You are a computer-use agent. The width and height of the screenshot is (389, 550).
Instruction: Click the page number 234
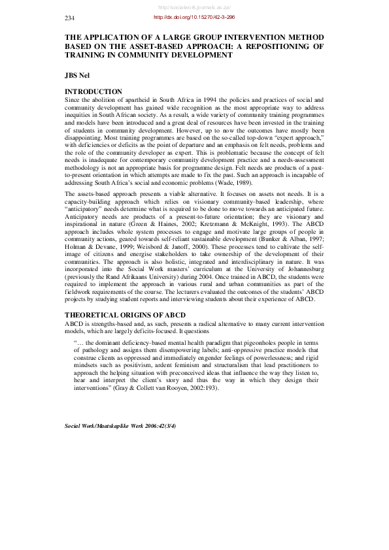tap(70, 18)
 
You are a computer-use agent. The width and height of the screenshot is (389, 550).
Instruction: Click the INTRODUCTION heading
tap(93, 91)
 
